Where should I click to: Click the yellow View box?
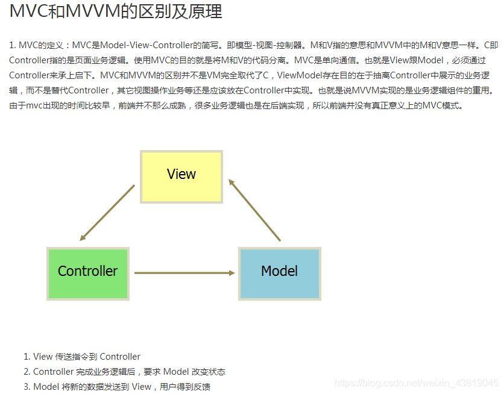click(181, 176)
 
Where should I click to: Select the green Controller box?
click(88, 273)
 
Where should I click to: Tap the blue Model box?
click(279, 273)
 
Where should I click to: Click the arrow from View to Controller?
click(107, 213)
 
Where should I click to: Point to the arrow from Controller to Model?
click(184, 273)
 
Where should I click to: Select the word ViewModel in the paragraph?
click(300, 75)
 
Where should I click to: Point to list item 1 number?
click(27, 357)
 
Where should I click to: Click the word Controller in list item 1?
click(120, 357)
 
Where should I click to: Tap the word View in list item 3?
click(142, 387)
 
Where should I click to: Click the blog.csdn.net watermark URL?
click(417, 383)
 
